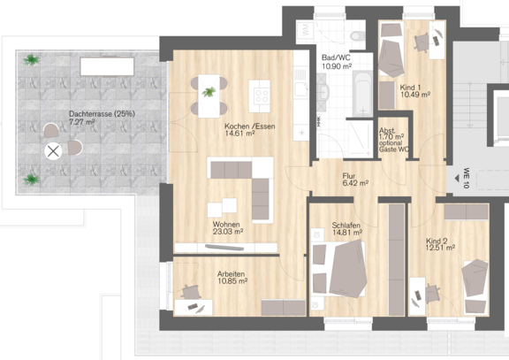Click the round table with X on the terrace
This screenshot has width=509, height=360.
tap(53, 151)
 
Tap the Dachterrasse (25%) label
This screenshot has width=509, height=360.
tap(102, 114)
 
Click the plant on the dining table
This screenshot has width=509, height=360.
tap(209, 92)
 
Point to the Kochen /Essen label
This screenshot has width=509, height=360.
tap(249, 126)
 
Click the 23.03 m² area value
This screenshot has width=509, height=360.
tap(228, 232)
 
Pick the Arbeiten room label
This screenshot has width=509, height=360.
tap(231, 274)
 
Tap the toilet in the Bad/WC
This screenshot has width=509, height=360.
tap(357, 35)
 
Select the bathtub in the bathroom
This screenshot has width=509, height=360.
tap(362, 95)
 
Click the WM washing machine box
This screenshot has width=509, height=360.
tap(305, 32)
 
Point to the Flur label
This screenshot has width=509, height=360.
tap(349, 176)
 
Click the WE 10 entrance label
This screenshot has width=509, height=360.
tap(467, 178)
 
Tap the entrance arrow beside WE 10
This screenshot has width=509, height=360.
tap(457, 178)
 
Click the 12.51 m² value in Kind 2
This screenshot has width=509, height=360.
tap(440, 248)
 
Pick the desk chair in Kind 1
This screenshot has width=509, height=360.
tap(422, 42)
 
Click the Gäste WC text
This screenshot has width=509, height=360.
tap(394, 149)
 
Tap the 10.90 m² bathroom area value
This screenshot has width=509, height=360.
tap(337, 66)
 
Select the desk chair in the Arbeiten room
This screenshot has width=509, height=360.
tap(191, 292)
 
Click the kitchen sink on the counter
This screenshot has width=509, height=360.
tap(301, 89)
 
